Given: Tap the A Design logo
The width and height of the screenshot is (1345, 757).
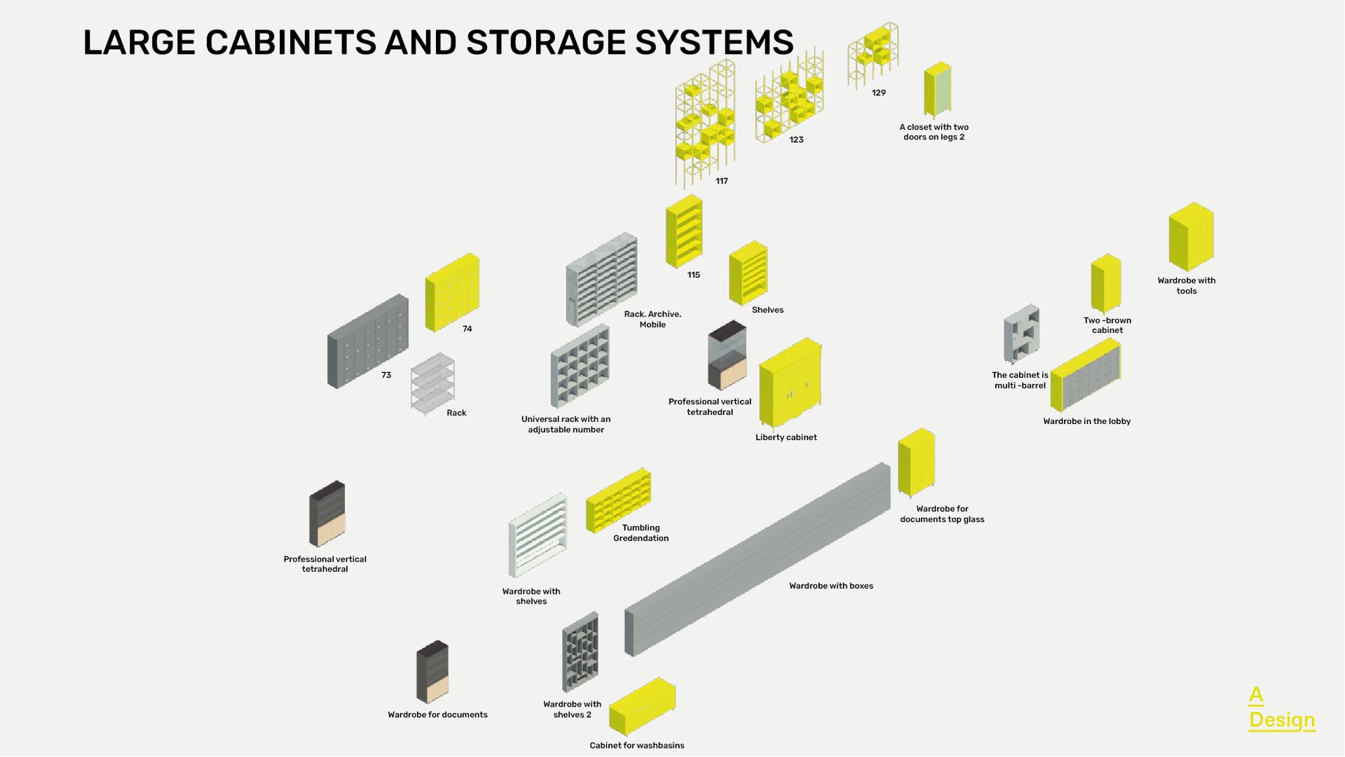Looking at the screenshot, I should pyautogui.click(x=1281, y=709).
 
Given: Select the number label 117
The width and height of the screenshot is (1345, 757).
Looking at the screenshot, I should pyautogui.click(x=721, y=181).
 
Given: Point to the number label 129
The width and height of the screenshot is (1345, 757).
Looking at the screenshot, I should pyautogui.click(x=878, y=93).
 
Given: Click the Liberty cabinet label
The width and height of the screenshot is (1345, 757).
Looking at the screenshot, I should pyautogui.click(x=786, y=437).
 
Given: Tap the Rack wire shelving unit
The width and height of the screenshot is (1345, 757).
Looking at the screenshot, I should pyautogui.click(x=432, y=383).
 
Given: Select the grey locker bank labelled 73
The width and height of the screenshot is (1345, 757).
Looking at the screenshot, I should pyautogui.click(x=367, y=341).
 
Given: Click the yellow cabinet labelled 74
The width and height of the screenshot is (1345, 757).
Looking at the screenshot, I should pyautogui.click(x=452, y=292).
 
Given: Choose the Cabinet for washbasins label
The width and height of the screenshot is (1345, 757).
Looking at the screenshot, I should pyautogui.click(x=636, y=745).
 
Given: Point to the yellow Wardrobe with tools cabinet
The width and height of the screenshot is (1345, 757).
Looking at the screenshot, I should pyautogui.click(x=1190, y=237).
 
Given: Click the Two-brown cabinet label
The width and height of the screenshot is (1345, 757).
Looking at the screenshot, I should pyautogui.click(x=1107, y=325).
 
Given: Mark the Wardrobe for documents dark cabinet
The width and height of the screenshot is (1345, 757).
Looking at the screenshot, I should pyautogui.click(x=432, y=671).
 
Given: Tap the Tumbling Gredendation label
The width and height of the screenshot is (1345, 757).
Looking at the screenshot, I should pyautogui.click(x=641, y=533).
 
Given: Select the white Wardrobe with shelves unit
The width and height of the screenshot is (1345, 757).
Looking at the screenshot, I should pyautogui.click(x=538, y=535).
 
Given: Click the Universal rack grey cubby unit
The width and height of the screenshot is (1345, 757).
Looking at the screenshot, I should pyautogui.click(x=580, y=366).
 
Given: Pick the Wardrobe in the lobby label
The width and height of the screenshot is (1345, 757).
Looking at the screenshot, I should pyautogui.click(x=1086, y=421).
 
